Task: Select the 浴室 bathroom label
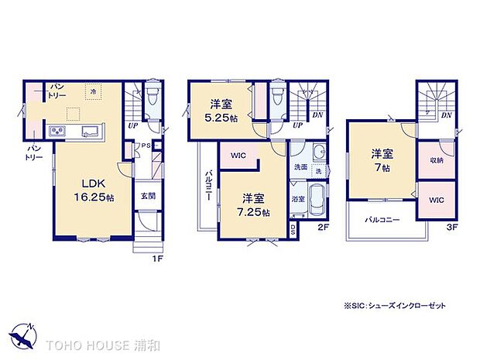297,198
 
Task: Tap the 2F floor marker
324,228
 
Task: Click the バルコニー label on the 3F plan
383,221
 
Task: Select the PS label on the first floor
144,144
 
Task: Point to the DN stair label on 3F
446,115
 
